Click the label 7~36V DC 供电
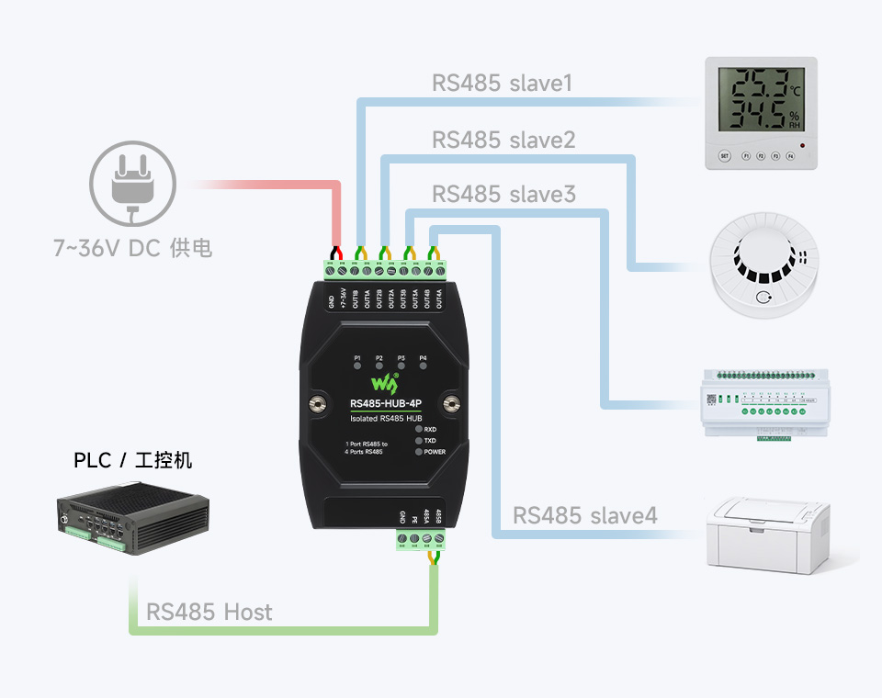coord(132,247)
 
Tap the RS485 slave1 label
coord(503,84)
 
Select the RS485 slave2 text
coord(503,140)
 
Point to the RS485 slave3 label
coord(503,195)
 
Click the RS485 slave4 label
coord(585,515)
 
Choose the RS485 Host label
coord(209,612)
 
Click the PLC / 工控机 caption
coord(133,460)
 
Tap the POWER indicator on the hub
coord(419,452)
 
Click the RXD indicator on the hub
coord(419,429)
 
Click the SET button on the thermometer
coord(724,156)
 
